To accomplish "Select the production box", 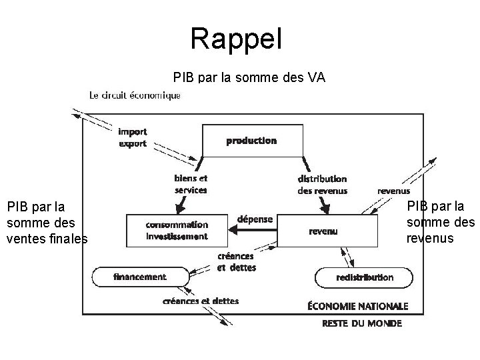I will click(252, 141).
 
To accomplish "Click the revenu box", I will click(323, 231).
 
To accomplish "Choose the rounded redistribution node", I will click(364, 277).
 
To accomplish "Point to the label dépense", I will click(254, 219).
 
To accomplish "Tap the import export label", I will click(133, 137).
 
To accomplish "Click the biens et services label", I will click(191, 184).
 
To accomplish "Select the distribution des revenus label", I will click(322, 184).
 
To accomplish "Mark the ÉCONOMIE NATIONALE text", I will click(357, 306).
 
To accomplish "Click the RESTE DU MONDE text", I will click(361, 323).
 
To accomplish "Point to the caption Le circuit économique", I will click(135, 95).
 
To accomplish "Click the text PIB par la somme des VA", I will click(249, 77).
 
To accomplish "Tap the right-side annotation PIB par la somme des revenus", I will click(441, 221).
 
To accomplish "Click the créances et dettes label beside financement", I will click(237, 262).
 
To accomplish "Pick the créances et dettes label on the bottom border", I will click(201, 301).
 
